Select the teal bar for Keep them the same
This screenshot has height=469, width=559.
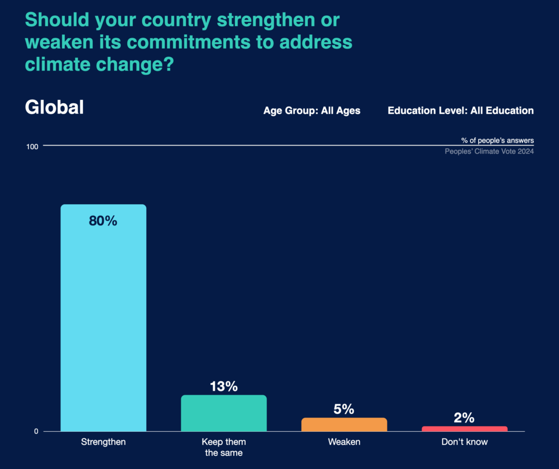[224, 413]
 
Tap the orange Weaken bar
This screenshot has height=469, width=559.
[344, 425]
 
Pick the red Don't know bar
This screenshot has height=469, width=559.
[465, 429]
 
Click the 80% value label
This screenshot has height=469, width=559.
[103, 221]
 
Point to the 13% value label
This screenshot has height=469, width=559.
[224, 387]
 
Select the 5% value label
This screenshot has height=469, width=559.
[344, 409]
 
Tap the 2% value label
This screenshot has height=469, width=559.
[465, 418]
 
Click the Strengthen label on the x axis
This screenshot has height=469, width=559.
[103, 442]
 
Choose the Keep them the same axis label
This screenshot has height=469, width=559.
[224, 447]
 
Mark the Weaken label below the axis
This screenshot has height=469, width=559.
[344, 442]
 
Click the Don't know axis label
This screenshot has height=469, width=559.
[465, 442]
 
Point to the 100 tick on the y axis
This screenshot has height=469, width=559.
[32, 146]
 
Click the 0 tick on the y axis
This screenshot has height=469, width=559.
[36, 432]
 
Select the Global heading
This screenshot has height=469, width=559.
[55, 108]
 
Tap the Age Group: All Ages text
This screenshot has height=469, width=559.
[312, 110]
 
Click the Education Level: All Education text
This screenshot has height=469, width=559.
[461, 110]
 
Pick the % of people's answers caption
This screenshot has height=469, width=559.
[497, 140]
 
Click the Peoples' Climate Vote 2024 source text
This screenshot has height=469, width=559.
[489, 151]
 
